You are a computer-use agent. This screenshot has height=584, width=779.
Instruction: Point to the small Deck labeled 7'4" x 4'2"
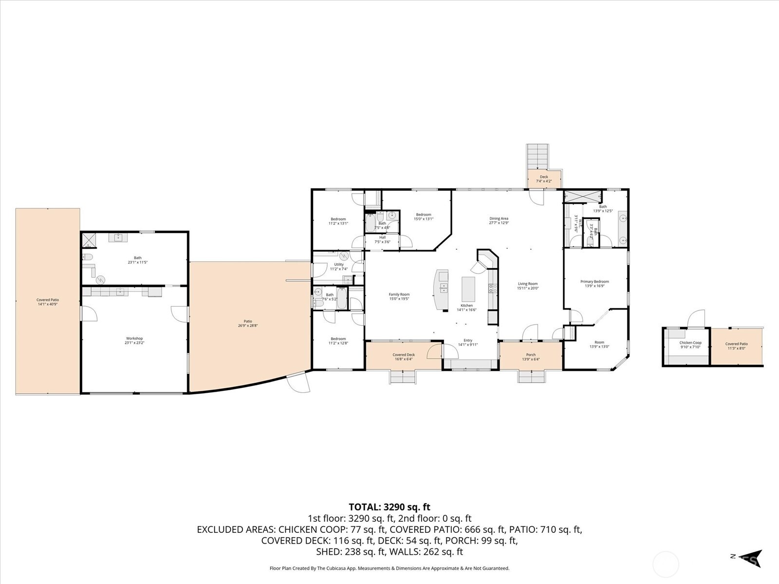(x=544, y=179)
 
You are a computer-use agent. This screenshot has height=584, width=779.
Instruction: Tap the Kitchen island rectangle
(x=468, y=289)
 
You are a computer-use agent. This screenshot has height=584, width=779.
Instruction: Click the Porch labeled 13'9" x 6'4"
(x=531, y=357)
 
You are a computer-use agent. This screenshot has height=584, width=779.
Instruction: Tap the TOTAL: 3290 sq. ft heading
(x=389, y=507)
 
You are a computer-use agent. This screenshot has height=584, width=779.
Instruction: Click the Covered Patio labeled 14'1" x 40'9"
(x=48, y=302)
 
